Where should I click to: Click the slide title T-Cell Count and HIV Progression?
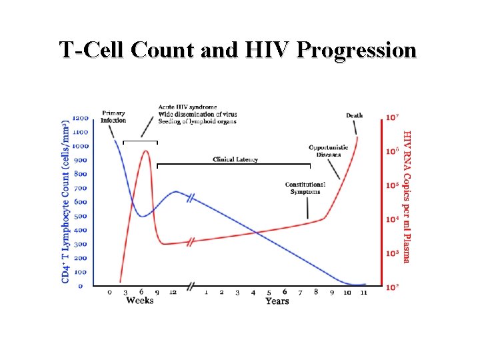[237, 50]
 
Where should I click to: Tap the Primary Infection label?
[113, 117]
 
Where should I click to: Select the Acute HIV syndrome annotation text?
[187, 107]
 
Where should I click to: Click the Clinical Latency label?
[235, 159]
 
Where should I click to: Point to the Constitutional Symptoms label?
[305, 188]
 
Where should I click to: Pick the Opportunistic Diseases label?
[328, 151]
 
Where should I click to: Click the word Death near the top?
[355, 115]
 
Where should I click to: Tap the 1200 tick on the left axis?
[80, 118]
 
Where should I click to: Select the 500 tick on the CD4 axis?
[81, 216]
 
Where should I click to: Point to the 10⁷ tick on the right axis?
[393, 118]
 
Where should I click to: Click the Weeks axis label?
[139, 301]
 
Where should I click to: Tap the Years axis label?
[277, 301]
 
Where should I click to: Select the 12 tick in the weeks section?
[173, 292]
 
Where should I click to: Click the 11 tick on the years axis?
[363, 292]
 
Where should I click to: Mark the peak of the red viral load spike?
[145, 151]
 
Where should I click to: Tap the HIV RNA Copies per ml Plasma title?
[407, 197]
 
